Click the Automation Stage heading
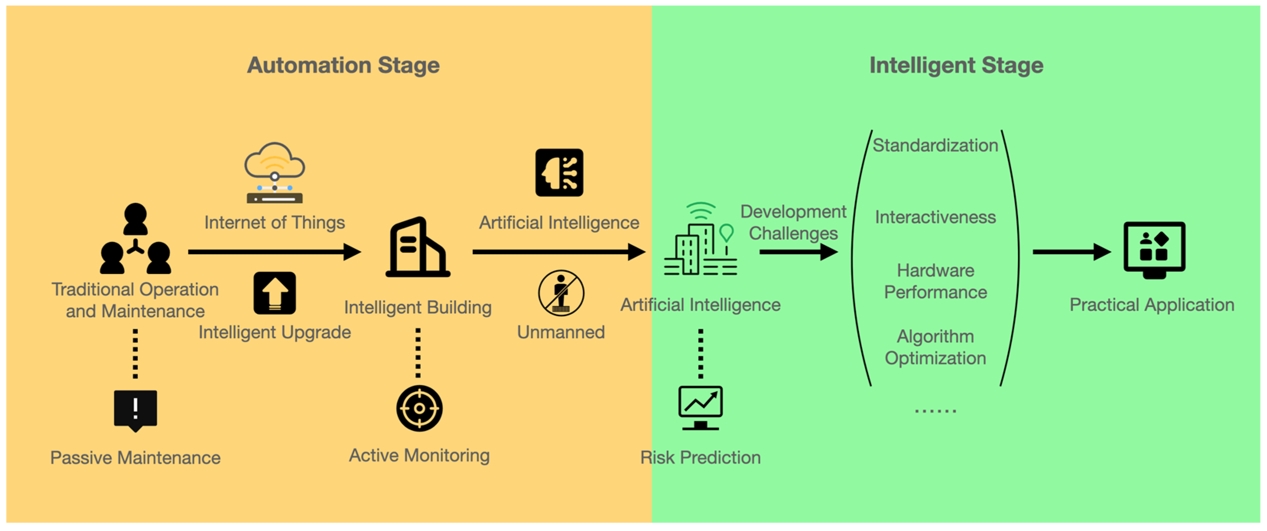tap(343, 65)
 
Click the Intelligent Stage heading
tap(956, 65)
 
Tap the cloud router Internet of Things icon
tap(275, 173)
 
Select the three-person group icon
tap(135, 239)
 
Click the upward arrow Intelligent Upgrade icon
tap(275, 293)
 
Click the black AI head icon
tap(559, 172)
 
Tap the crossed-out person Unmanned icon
tap(561, 294)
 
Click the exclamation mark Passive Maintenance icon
tap(135, 409)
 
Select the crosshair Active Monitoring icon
tap(419, 408)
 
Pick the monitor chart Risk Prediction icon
tap(700, 408)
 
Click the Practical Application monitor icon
tap(1154, 249)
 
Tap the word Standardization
tap(935, 146)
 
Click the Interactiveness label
tap(935, 217)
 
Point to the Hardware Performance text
tap(935, 281)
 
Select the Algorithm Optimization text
tap(935, 347)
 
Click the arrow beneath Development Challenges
tap(798, 252)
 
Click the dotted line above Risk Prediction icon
tap(700, 354)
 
